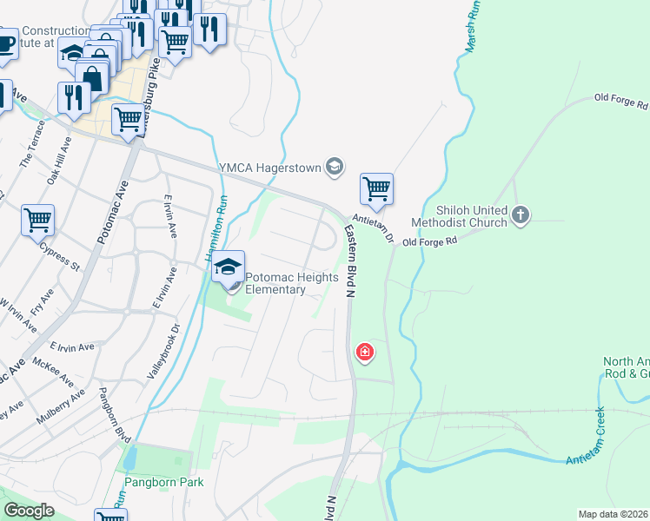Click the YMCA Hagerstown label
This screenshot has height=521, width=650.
coord(269,168)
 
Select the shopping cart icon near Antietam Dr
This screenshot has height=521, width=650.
coord(376,188)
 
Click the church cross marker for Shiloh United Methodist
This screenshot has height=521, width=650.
coord(520,214)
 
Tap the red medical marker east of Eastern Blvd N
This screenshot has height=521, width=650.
coord(365,352)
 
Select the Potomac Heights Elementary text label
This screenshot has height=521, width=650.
coord(275,284)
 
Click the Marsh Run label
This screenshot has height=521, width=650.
coord(474,26)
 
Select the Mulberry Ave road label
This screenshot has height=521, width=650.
coord(61,406)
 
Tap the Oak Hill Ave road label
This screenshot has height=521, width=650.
coord(58,164)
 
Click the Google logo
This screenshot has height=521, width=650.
coord(29,511)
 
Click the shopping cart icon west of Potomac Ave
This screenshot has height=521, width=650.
coord(38,221)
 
